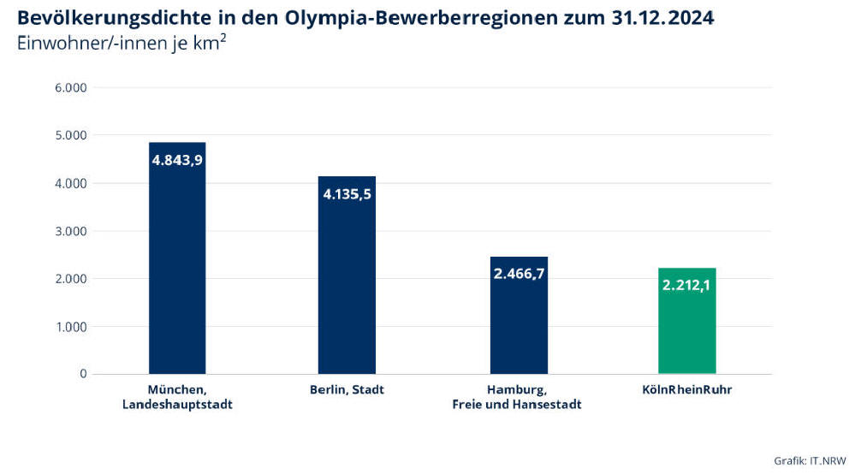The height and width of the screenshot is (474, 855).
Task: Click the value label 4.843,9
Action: [177, 160]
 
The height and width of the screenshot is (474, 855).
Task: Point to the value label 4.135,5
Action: [347, 194]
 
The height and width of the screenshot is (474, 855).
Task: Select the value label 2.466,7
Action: [519, 275]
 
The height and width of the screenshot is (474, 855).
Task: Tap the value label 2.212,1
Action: [686, 285]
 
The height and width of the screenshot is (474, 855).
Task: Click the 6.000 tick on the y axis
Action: [70, 88]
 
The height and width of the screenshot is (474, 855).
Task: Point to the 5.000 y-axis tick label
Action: [70, 135]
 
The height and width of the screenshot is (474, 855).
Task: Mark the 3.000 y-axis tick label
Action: [70, 231]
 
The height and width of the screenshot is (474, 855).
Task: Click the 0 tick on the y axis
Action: [82, 374]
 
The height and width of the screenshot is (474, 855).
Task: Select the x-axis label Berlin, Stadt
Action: [347, 390]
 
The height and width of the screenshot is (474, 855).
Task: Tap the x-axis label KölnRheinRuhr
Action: [686, 390]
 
